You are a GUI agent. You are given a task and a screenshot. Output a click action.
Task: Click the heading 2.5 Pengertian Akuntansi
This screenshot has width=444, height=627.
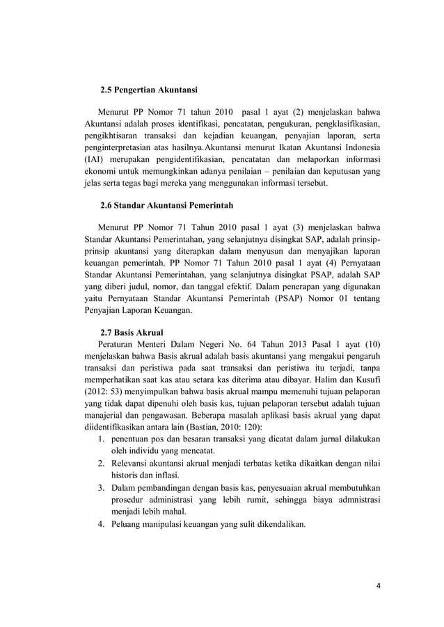pyautogui.click(x=149, y=90)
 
